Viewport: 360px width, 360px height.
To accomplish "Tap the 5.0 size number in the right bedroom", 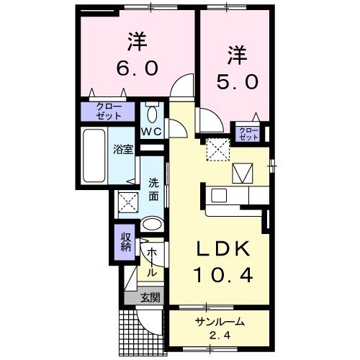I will pyautogui.click(x=235, y=82).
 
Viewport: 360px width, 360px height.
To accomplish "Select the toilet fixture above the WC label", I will pyautogui.click(x=151, y=113).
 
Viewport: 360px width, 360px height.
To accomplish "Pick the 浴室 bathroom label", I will pyautogui.click(x=122, y=150).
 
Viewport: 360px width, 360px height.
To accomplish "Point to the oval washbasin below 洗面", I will pyautogui.click(x=152, y=224).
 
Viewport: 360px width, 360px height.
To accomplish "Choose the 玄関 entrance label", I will pyautogui.click(x=150, y=297).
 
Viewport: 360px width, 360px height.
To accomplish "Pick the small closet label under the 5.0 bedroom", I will pyautogui.click(x=248, y=132).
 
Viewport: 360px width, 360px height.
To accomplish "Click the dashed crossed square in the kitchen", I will pyautogui.click(x=216, y=148).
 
